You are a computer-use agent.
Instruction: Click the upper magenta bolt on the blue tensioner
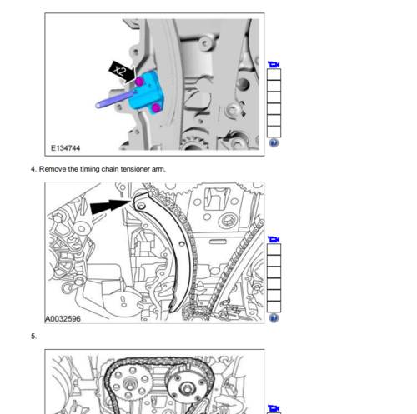click(x=139, y=82)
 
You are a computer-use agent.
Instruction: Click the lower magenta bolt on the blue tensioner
click(x=156, y=107)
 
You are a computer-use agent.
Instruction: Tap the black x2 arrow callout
click(x=122, y=72)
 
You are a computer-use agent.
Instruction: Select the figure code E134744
click(x=65, y=148)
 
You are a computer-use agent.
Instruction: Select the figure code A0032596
click(x=63, y=318)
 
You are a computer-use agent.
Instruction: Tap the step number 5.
click(x=33, y=337)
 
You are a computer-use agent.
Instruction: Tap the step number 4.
click(x=33, y=169)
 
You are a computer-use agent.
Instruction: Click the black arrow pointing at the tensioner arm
click(x=111, y=207)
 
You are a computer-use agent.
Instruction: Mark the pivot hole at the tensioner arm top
click(x=141, y=206)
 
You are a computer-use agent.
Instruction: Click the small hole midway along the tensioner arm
click(x=182, y=244)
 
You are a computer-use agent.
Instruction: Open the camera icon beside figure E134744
click(x=274, y=65)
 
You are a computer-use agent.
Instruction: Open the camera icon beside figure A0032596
click(x=274, y=239)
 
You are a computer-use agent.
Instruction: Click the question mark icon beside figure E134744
click(x=274, y=143)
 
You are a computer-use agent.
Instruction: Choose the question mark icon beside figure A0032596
click(x=274, y=318)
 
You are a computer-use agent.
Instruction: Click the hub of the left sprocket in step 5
click(x=129, y=384)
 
